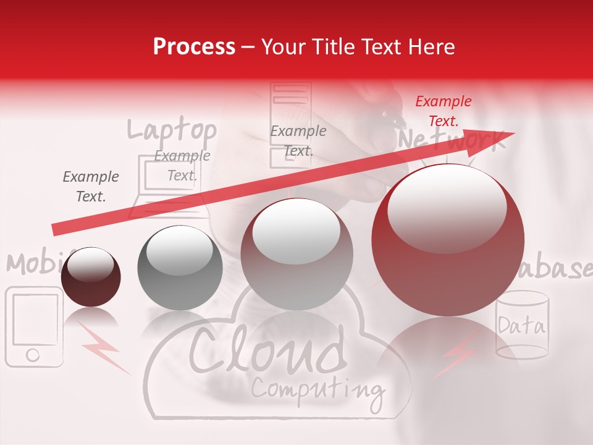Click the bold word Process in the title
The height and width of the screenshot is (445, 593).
[x=194, y=47]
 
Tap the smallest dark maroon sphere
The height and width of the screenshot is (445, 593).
[x=91, y=277]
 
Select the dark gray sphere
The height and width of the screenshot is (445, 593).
[x=180, y=268]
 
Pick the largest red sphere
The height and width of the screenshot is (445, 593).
[x=448, y=240]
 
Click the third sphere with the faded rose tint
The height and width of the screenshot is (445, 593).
[x=296, y=254]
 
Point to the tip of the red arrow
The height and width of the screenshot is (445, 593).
[x=513, y=134]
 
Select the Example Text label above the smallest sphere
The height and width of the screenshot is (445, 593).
[x=91, y=187]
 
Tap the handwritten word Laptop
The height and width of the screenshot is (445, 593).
[x=172, y=130]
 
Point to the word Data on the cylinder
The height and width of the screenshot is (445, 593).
[x=521, y=325]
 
